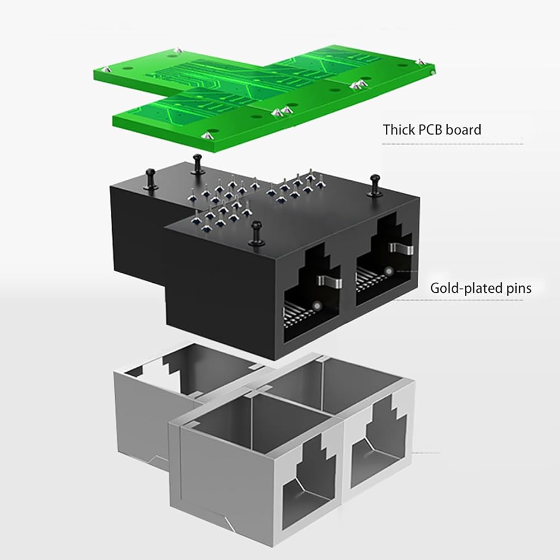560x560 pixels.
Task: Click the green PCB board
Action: pyautogui.click(x=264, y=96)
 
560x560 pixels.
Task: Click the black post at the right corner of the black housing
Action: pyautogui.click(x=374, y=185)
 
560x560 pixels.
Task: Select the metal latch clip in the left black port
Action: pyautogui.click(x=330, y=281)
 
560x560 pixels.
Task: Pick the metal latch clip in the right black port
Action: pyautogui.click(x=402, y=248)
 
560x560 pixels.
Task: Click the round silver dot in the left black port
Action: pyautogui.click(x=316, y=306)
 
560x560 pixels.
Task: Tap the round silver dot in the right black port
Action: pyautogui.click(x=389, y=271)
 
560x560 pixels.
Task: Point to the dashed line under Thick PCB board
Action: pyautogui.click(x=452, y=144)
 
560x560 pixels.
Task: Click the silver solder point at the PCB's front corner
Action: pyautogui.click(x=207, y=136)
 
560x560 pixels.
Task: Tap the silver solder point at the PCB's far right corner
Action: pyautogui.click(x=421, y=62)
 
